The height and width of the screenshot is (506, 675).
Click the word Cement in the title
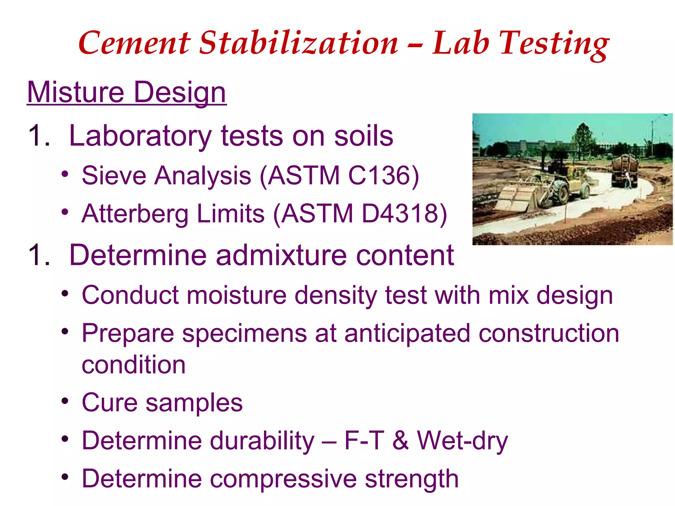(x=134, y=43)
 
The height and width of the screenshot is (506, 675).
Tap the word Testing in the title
(x=554, y=44)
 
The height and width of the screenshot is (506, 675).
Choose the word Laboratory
(x=140, y=136)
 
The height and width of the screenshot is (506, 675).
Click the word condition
(x=133, y=365)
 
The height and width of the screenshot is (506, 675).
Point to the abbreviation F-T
(x=364, y=440)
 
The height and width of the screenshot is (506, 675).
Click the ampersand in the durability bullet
(x=400, y=440)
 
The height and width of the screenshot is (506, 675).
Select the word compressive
(x=283, y=479)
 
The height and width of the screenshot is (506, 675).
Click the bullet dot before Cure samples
(x=65, y=401)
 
